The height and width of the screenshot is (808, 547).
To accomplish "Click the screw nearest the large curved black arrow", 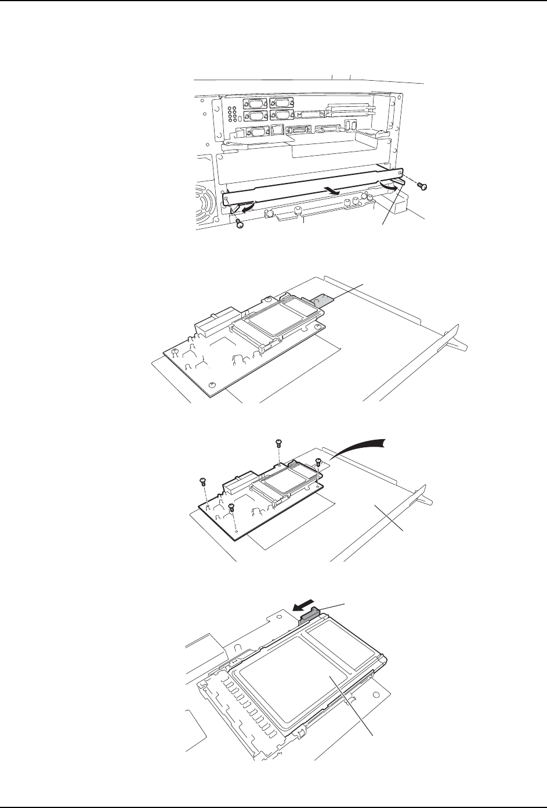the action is tap(318, 462).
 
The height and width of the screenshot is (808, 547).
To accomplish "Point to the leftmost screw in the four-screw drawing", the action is tap(202, 481).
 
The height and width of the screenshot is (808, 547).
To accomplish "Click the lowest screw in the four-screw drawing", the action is tap(232, 508).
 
